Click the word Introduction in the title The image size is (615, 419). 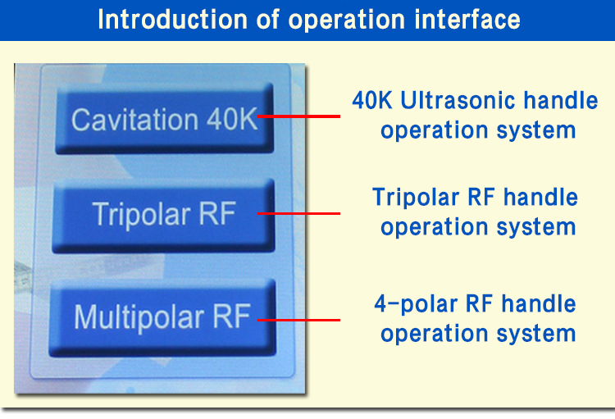pos(172,19)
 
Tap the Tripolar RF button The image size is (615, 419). pos(163,215)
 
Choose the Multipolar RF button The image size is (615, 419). pos(163,318)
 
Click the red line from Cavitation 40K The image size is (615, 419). pos(298,116)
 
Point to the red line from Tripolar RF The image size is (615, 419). pos(298,213)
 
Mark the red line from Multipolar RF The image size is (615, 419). pos(298,320)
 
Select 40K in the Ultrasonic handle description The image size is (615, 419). pos(371,100)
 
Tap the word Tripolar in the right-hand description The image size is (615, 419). pos(415,198)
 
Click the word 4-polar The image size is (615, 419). pos(416,305)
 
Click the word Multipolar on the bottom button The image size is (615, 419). pos(139,318)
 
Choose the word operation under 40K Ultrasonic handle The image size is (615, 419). pos(434,131)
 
